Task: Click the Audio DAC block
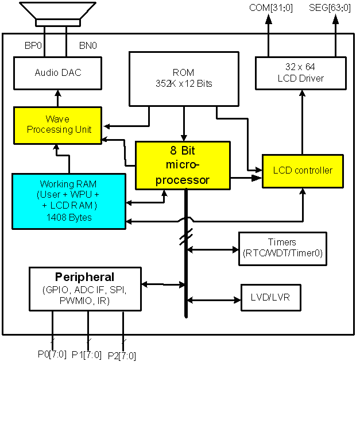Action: (57, 73)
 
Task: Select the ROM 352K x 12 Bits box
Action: (183, 78)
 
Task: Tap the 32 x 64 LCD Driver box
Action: (301, 73)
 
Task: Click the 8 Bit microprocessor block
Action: (183, 165)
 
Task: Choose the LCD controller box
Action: (303, 171)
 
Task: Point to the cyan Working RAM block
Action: (68, 201)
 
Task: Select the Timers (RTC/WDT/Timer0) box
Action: (282, 248)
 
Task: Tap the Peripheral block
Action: (84, 288)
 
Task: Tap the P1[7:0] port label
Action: (87, 355)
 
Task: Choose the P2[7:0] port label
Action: (122, 356)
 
